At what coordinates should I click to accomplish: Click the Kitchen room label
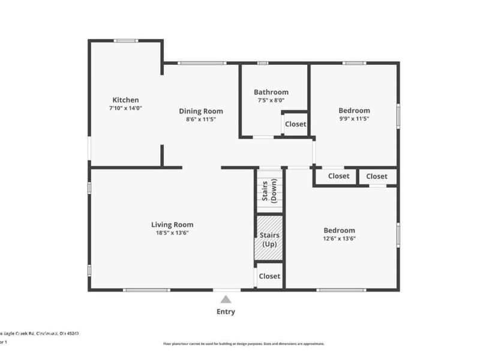(x=125, y=100)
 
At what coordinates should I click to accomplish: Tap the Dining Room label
(x=201, y=111)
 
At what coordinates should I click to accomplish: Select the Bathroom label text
(x=271, y=92)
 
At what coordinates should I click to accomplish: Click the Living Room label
(x=172, y=224)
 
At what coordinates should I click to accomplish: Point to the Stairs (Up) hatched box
(x=269, y=239)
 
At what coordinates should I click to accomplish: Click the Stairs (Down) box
(x=269, y=191)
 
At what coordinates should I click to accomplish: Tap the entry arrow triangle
(x=226, y=299)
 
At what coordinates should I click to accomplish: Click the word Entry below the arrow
(x=226, y=311)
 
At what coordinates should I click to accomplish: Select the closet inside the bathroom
(x=295, y=124)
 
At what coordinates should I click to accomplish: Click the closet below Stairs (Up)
(x=269, y=276)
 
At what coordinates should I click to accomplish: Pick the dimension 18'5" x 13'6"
(x=172, y=233)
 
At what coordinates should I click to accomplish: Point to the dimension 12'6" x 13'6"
(x=339, y=239)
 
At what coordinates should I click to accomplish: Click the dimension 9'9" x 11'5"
(x=354, y=119)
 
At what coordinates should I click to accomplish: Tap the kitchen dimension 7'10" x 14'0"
(x=125, y=108)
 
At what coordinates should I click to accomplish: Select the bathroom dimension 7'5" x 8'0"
(x=271, y=100)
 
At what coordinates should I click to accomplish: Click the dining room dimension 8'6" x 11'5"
(x=201, y=119)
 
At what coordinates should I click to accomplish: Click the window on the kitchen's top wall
(x=126, y=41)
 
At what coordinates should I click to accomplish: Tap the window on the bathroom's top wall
(x=262, y=62)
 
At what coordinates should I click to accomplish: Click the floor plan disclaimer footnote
(x=244, y=344)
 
